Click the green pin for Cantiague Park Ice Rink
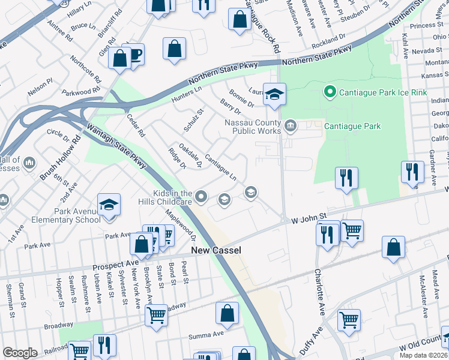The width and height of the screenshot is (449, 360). (x=328, y=92)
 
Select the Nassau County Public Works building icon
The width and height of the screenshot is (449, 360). (x=291, y=125)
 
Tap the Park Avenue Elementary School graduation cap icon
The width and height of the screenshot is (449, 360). (x=109, y=205)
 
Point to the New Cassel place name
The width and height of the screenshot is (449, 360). (x=215, y=250)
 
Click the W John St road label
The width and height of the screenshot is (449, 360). (x=309, y=216)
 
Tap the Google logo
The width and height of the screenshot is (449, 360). (x=20, y=353)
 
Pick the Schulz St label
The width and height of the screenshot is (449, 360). (x=194, y=120)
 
